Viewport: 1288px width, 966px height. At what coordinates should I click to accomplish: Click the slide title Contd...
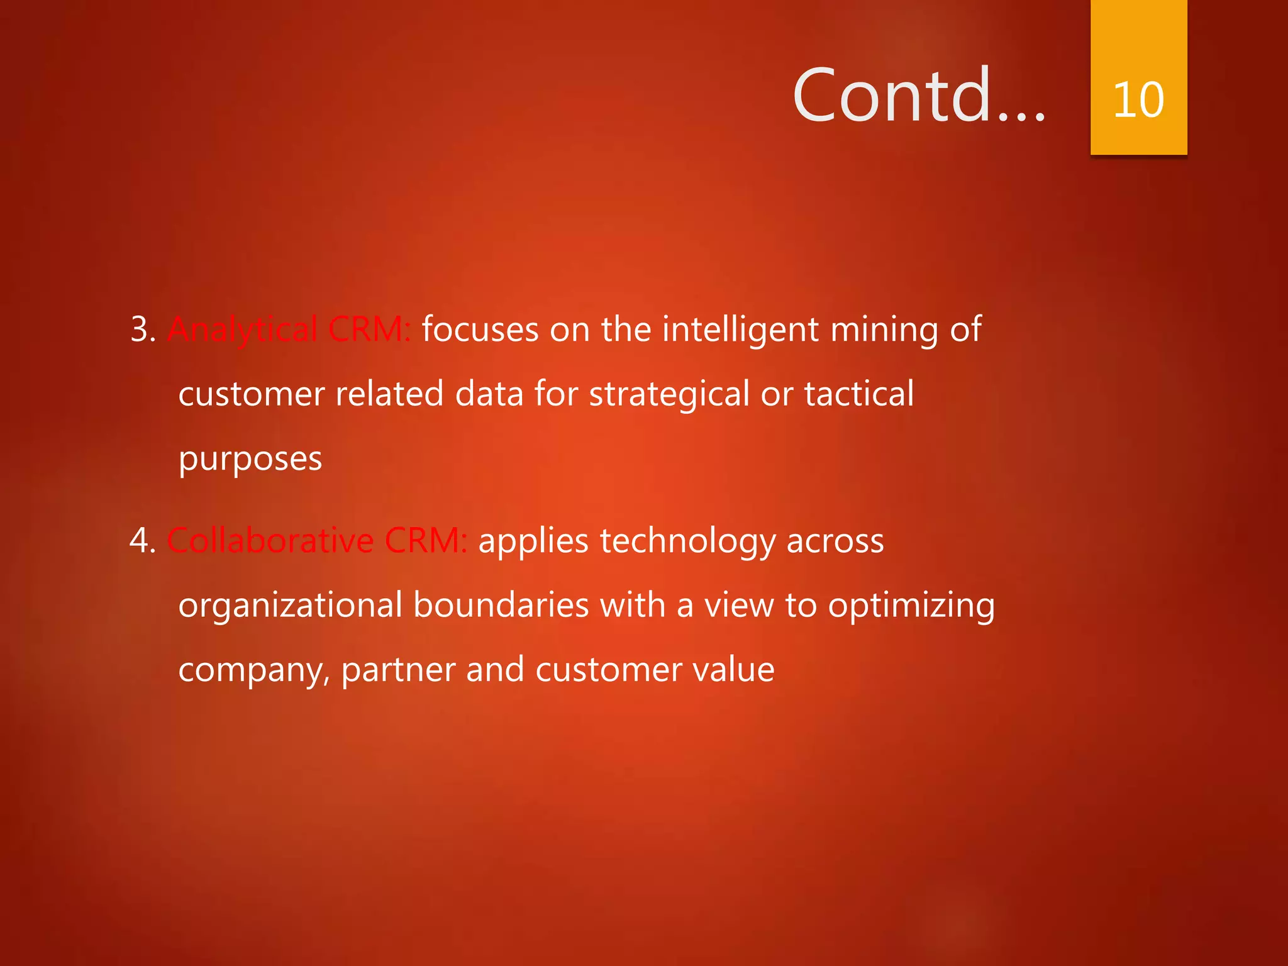click(918, 96)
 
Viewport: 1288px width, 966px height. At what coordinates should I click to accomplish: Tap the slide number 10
click(1138, 99)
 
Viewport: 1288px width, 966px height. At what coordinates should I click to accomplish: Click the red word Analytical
click(242, 329)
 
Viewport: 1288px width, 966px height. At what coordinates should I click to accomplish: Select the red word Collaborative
click(270, 541)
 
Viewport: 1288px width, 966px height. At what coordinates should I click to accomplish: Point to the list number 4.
click(142, 541)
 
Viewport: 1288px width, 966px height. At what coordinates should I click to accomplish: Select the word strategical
click(669, 394)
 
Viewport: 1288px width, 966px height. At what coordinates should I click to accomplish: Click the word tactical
click(858, 394)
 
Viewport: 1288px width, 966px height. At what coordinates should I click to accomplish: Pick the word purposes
click(250, 459)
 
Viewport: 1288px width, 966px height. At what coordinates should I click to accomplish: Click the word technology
click(688, 541)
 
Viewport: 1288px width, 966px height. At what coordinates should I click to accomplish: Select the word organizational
click(290, 606)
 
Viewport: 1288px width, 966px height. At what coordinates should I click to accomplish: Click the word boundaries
click(501, 606)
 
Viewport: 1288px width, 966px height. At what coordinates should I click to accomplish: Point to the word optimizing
click(911, 606)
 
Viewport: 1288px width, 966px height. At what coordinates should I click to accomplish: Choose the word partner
click(397, 670)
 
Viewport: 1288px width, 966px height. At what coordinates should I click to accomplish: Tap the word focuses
click(480, 329)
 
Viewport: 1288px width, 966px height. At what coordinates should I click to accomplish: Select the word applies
click(533, 541)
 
